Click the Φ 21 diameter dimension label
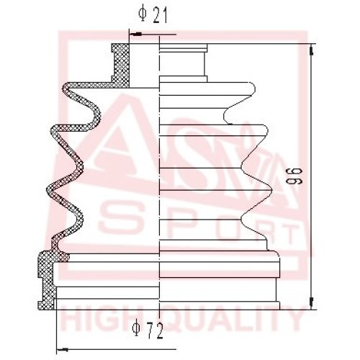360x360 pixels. click(153, 15)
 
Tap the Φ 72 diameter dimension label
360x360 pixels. click(148, 330)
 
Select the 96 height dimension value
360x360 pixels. click(294, 176)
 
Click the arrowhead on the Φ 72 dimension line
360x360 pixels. click(62, 349)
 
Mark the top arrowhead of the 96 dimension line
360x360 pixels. click(312, 50)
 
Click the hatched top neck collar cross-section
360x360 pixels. click(121, 66)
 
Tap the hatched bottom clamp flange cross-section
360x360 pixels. click(47, 280)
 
